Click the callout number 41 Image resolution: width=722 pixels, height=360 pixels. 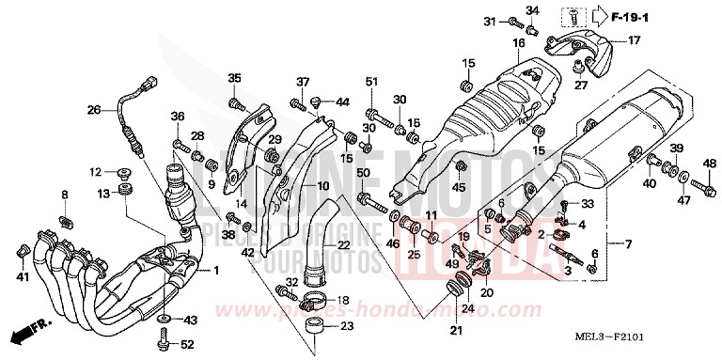point(22,277)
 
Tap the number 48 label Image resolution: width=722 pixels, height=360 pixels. point(709,164)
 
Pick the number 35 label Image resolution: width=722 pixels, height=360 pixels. point(234,78)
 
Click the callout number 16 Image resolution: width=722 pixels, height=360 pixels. point(518,43)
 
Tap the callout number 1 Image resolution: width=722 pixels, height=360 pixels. point(215,272)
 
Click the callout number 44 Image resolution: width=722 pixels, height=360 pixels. point(342,102)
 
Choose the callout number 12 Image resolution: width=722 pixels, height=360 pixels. point(95,172)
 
